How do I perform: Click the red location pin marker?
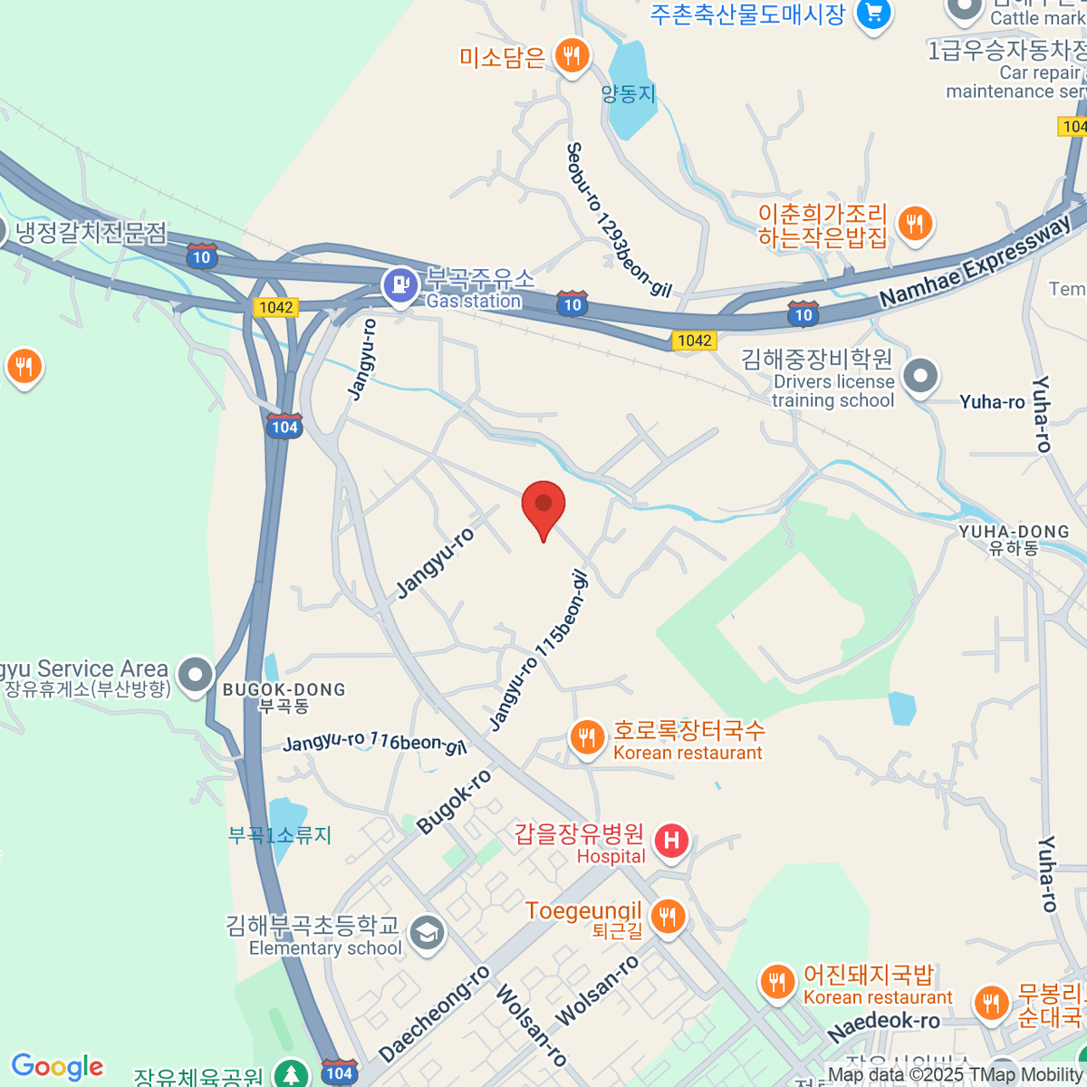(x=543, y=505)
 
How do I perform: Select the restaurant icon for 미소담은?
(x=571, y=56)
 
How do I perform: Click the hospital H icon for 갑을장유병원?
(x=671, y=842)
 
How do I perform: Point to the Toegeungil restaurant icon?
(x=668, y=917)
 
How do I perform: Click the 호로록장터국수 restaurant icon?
(x=587, y=737)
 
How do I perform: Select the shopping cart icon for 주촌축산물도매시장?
(x=873, y=13)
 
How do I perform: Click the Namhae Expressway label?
(x=975, y=263)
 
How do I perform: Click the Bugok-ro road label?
(x=454, y=801)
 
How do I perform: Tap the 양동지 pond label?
(x=628, y=93)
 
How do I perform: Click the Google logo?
(x=57, y=1066)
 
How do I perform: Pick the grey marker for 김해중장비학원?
(x=920, y=377)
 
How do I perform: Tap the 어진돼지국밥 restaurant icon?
(x=777, y=983)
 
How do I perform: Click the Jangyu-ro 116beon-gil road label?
(x=374, y=743)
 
